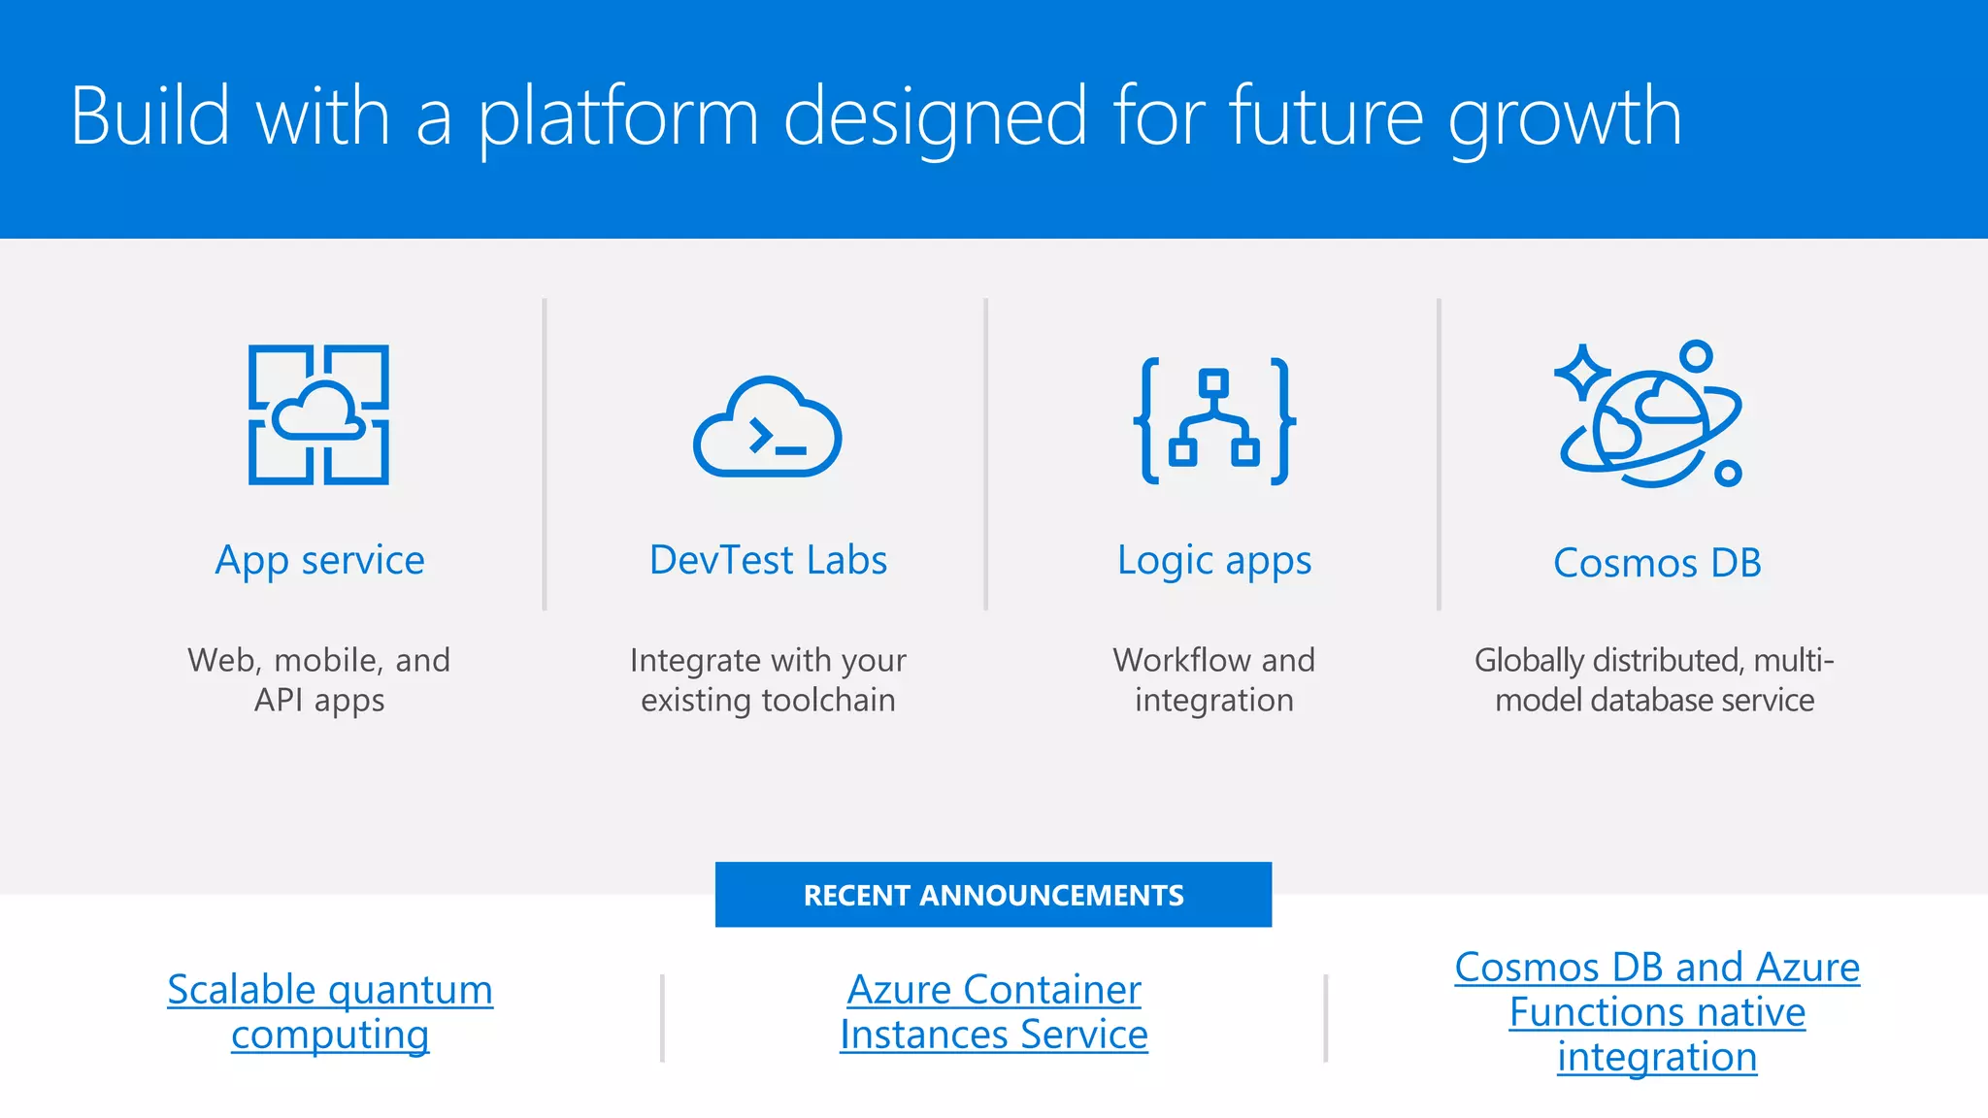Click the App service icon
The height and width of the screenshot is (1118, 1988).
318,414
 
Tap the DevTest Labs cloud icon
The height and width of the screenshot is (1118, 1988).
767,428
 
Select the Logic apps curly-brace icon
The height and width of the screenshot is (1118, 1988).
1213,421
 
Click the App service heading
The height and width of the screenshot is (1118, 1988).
319,561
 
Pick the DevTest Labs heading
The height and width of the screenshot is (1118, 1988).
768,560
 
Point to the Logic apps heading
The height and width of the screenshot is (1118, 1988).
1213,561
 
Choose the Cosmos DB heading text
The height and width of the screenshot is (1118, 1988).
1657,563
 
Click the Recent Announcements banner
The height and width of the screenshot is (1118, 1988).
993,895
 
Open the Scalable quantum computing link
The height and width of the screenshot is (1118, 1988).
330,1011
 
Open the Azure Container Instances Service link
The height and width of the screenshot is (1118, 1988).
993,1011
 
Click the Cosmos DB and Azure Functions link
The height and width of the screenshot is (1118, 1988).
1657,1011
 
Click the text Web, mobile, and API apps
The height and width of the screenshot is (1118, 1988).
319,679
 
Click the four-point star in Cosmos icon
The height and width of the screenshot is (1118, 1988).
1582,372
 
